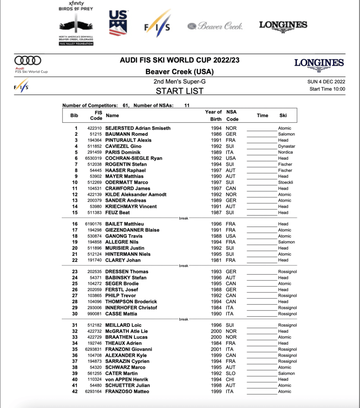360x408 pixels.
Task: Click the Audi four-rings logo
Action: point(28,61)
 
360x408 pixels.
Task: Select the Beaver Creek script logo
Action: point(215,26)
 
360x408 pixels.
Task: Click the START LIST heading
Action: point(179,91)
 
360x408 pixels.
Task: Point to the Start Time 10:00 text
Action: point(327,89)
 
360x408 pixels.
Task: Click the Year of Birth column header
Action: point(213,116)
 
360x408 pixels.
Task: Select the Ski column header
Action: point(283,116)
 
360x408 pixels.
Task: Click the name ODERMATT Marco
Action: point(127,182)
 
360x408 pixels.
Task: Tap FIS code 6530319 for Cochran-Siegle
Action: point(93,158)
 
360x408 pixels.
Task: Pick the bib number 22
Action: point(74,260)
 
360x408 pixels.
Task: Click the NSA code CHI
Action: point(230,379)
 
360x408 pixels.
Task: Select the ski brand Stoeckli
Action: point(285,182)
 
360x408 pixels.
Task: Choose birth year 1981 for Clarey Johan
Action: point(216,260)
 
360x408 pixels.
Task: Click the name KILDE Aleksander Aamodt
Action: point(136,194)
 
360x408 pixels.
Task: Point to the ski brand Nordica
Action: point(285,152)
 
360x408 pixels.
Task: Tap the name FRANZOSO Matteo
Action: point(127,391)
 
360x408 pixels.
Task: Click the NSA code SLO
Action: point(230,373)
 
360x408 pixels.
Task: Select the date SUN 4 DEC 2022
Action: point(324,82)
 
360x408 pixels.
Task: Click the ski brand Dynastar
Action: point(287,146)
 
